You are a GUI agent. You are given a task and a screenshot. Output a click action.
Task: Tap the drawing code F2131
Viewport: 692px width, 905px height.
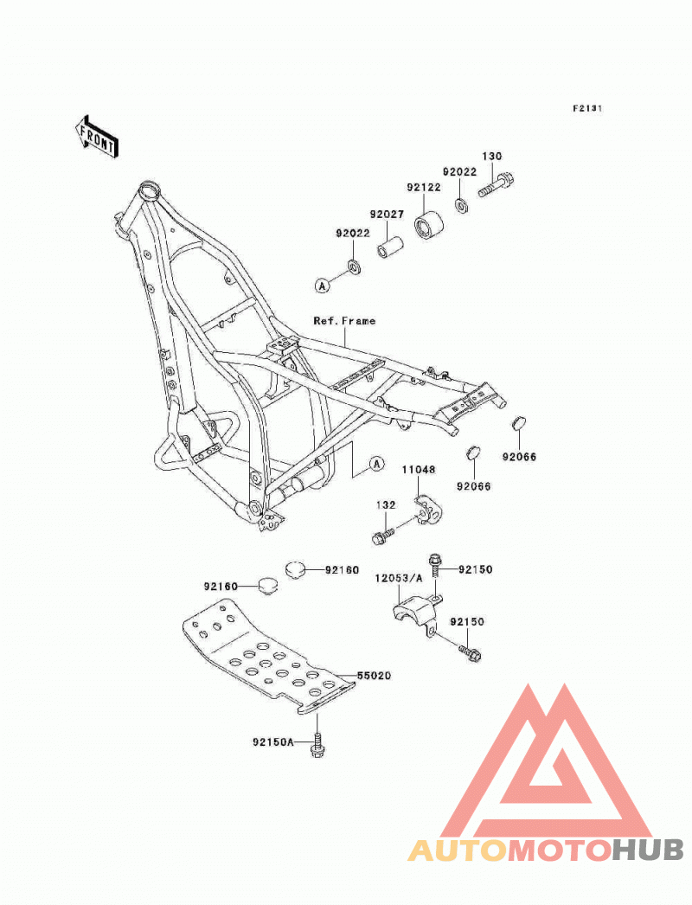587,108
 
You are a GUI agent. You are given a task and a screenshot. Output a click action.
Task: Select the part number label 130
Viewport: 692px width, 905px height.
491,156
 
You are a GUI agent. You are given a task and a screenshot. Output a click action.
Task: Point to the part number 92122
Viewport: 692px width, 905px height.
424,187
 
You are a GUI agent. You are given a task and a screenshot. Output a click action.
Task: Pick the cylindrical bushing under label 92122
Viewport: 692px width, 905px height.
429,225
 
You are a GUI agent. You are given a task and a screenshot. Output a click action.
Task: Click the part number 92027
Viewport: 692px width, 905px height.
387,214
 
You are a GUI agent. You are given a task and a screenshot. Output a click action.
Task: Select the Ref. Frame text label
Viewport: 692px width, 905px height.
344,320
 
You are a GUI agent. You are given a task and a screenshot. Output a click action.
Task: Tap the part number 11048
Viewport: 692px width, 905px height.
419,470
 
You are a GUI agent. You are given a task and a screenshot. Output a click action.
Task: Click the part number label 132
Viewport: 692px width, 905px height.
386,505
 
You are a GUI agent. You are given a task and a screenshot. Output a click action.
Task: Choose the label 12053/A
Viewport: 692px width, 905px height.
399,578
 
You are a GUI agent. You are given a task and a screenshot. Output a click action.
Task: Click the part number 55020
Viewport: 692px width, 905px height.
374,675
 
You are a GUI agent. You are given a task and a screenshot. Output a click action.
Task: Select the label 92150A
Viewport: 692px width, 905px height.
273,741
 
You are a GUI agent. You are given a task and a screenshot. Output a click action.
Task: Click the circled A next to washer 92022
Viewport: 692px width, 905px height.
323,285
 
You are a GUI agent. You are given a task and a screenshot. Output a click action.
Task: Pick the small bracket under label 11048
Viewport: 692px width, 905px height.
428,510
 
